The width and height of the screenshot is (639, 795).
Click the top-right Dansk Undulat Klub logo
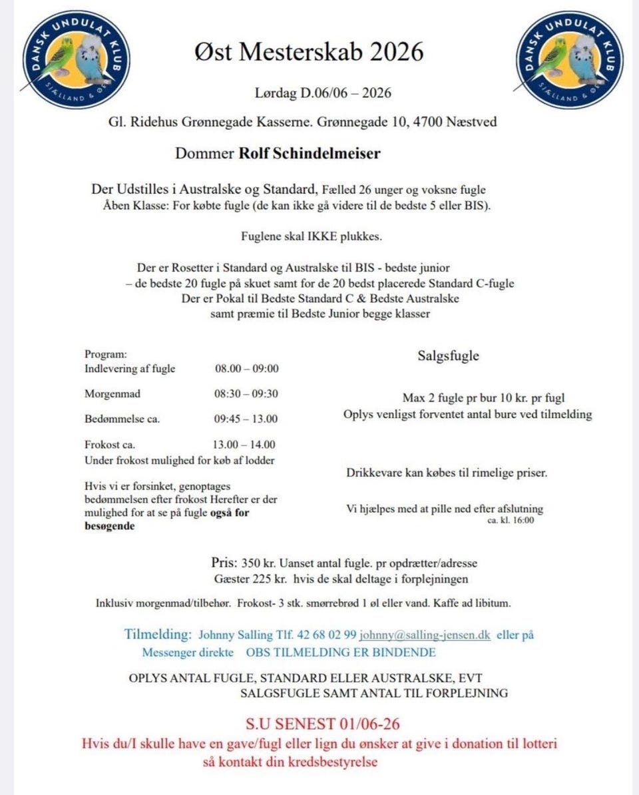(x=569, y=59)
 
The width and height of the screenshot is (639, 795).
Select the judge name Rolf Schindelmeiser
(x=310, y=154)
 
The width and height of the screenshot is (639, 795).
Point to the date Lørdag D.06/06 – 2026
(x=323, y=93)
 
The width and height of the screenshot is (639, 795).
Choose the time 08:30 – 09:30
(x=246, y=394)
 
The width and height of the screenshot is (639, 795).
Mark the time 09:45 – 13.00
(x=246, y=419)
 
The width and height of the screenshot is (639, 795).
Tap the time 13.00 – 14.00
(x=245, y=445)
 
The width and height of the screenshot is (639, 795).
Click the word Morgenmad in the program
(x=112, y=394)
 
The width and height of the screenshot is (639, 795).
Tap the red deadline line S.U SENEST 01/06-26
(x=323, y=724)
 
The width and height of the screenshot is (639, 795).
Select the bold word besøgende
(x=110, y=526)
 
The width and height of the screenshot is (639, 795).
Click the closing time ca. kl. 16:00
(x=511, y=520)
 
